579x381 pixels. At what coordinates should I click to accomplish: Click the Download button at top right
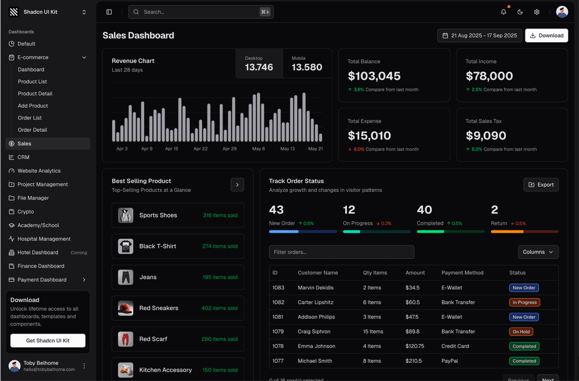546,35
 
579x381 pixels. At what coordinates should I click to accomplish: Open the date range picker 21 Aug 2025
479,35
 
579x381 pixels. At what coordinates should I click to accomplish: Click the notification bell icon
503,12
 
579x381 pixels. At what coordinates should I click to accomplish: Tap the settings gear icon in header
537,12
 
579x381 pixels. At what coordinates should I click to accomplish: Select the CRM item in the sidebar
24,157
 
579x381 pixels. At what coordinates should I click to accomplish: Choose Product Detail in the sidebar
35,94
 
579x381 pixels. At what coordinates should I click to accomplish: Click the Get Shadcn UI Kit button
48,340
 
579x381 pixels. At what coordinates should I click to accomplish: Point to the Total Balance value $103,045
374,76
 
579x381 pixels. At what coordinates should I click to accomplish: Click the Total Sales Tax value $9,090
486,136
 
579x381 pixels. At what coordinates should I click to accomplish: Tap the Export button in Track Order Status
541,184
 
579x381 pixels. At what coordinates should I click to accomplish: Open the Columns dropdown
538,252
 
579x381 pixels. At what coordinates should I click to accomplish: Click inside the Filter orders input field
342,252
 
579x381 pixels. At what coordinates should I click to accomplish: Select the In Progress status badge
524,302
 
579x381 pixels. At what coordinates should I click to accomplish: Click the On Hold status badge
521,332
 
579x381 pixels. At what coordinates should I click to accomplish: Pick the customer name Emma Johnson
316,346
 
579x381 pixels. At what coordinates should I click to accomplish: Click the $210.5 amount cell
413,361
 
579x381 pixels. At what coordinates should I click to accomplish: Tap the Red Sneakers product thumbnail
125,308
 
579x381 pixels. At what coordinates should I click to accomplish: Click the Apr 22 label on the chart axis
201,148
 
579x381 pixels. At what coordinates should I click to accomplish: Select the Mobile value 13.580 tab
307,63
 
